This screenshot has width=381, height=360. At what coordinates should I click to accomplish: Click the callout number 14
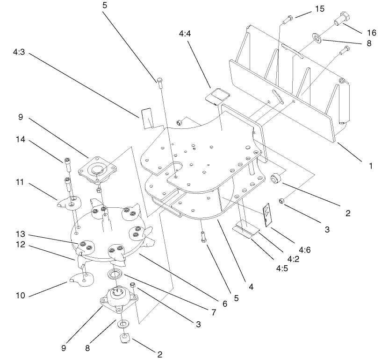pos(20,139)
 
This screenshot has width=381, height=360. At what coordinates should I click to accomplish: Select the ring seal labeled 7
pos(115,274)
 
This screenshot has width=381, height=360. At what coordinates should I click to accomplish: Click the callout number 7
pos(214,311)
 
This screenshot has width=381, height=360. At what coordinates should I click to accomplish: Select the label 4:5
pos(281,269)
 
